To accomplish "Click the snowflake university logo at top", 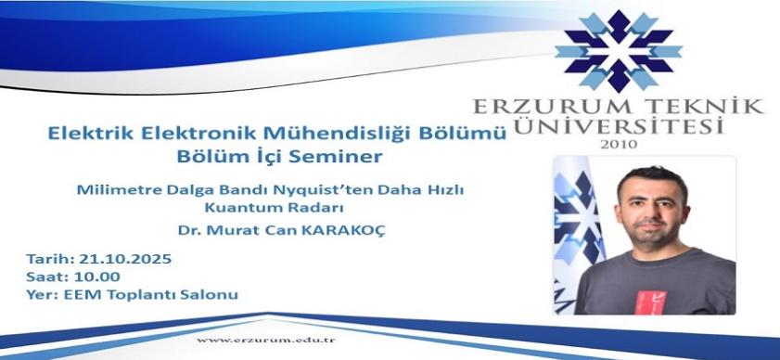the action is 618,51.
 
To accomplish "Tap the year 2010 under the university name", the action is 619,145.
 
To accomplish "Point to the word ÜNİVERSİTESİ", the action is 619,125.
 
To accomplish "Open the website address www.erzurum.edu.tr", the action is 265,341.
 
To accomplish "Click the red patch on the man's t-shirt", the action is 650,302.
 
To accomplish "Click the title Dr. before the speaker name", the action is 187,232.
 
